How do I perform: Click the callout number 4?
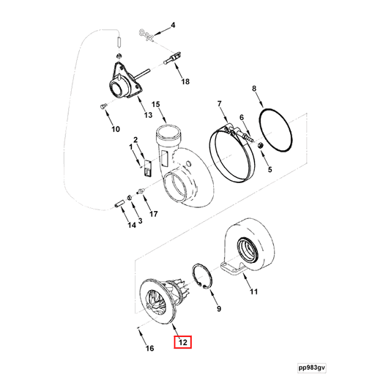click(x=174, y=25)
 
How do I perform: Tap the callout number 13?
click(x=147, y=115)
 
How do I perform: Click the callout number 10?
click(x=115, y=130)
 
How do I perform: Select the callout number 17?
click(x=154, y=214)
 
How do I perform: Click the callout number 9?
click(x=218, y=310)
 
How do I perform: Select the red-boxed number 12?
click(x=182, y=341)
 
